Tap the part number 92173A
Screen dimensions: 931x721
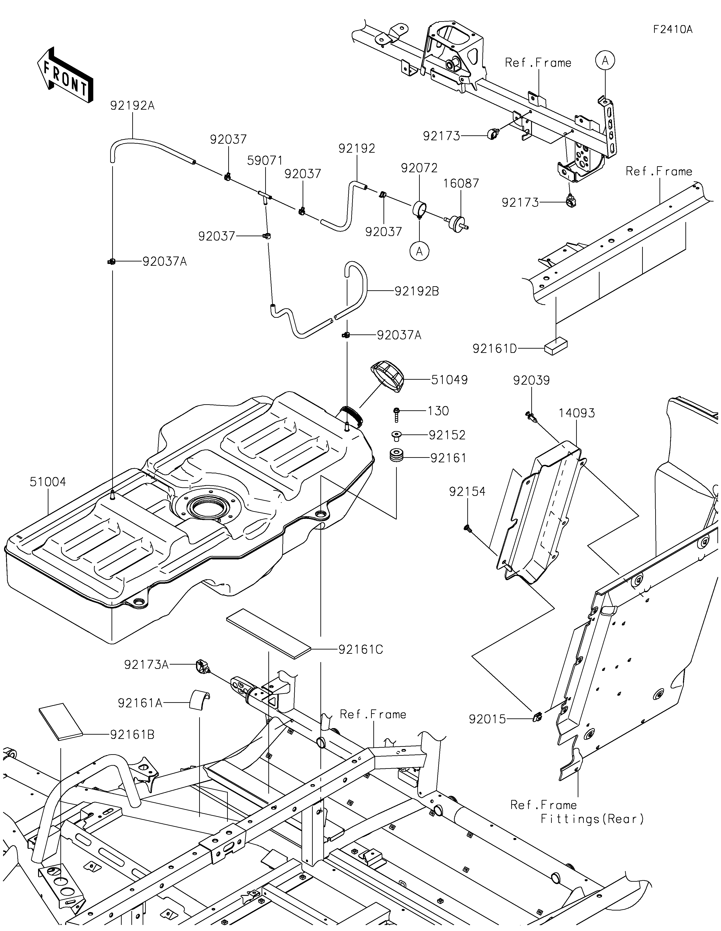coord(146,665)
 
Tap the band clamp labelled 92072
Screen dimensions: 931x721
coord(420,209)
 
